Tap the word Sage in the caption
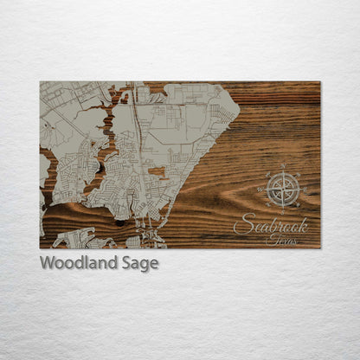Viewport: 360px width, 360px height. pos(138,263)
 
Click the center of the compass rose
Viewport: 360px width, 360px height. pos(282,188)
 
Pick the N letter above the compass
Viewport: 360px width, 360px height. pos(282,165)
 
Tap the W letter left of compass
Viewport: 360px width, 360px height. pos(260,188)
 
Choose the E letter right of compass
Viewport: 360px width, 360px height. pos(305,188)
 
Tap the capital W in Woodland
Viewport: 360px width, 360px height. pos(48,262)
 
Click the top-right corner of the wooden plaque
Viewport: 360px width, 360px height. pos(320,82)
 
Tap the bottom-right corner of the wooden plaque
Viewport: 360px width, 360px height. pos(320,248)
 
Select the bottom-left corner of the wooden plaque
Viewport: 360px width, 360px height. pos(40,248)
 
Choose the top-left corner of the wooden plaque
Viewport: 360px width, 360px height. pos(40,82)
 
